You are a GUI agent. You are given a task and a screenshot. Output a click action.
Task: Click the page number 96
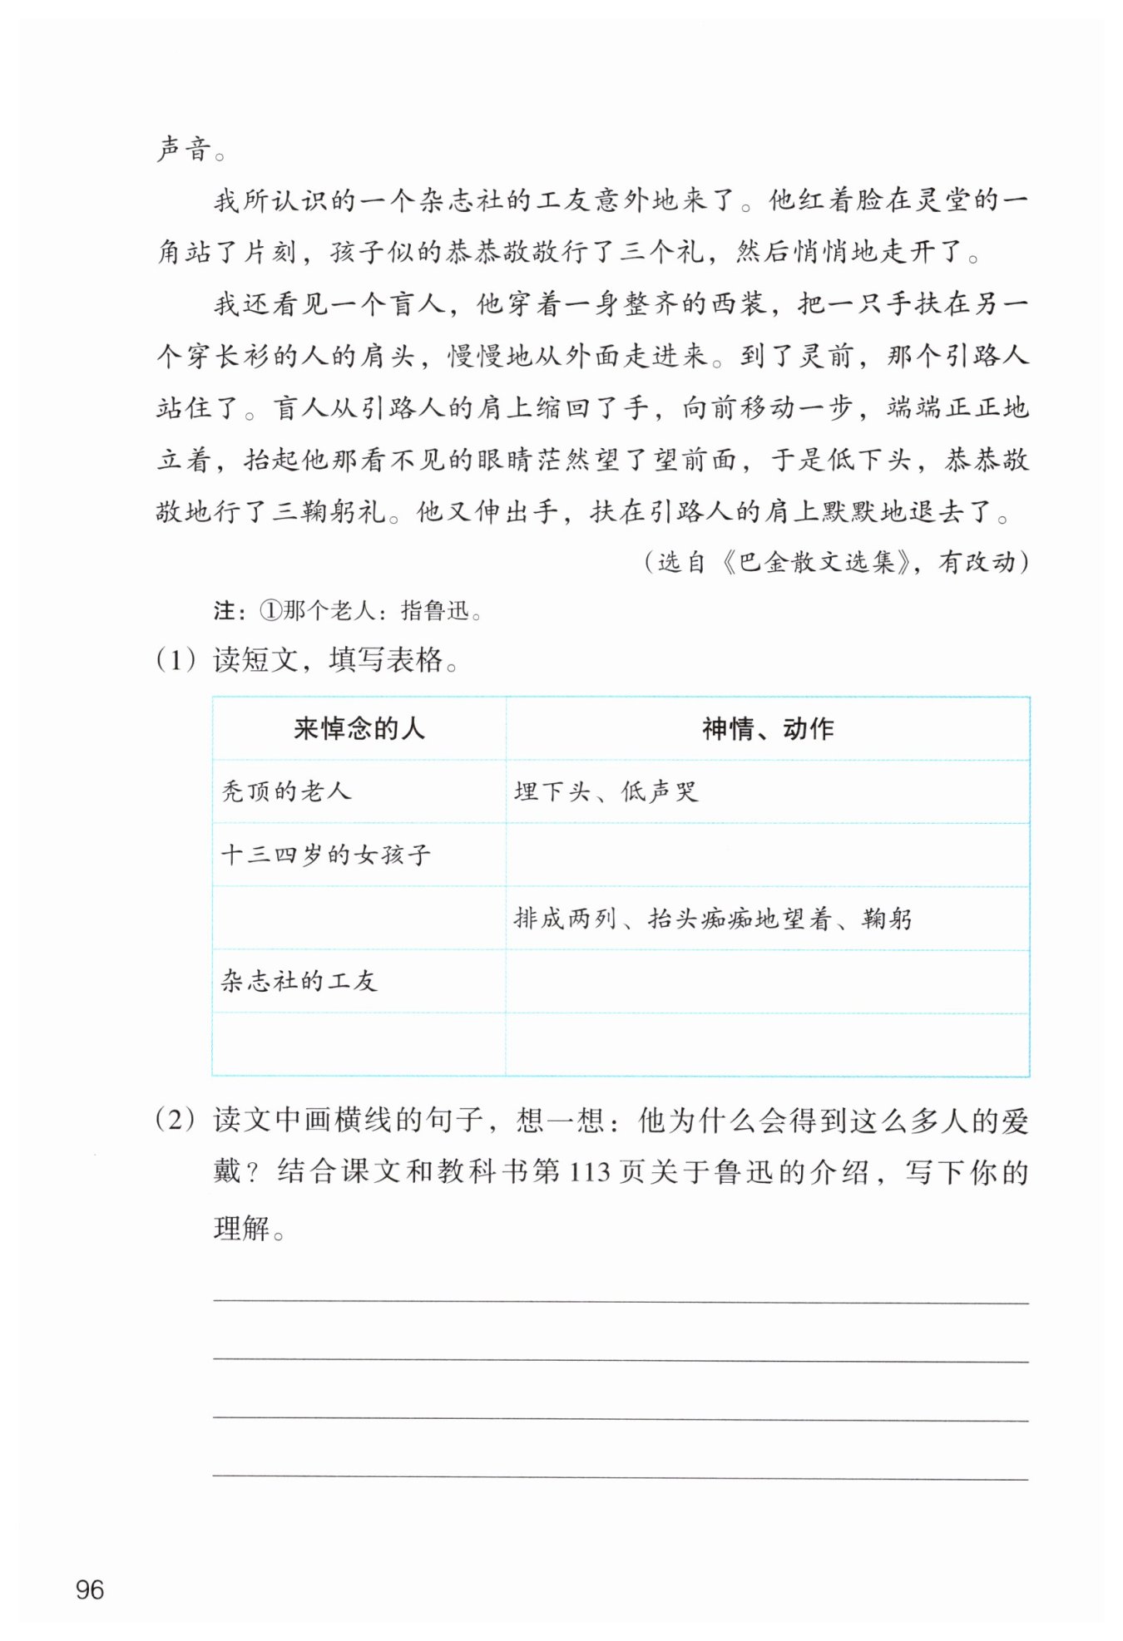coord(90,1589)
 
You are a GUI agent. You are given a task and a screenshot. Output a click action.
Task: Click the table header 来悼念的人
coord(359,729)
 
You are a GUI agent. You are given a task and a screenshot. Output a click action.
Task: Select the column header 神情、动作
coord(767,729)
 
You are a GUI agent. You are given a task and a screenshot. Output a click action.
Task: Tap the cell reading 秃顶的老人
coord(286,791)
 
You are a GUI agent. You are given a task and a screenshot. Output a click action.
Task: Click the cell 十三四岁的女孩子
coord(326,855)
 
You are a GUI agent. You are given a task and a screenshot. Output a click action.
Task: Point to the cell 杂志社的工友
coord(299,981)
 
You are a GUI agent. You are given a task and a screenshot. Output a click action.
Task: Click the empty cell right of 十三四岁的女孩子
coord(767,855)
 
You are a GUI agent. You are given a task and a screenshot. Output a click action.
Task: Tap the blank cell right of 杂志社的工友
coord(767,981)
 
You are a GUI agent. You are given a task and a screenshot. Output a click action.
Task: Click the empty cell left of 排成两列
coord(359,919)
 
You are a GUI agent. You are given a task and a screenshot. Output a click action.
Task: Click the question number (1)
coord(176,660)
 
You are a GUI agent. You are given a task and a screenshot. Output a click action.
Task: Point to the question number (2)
coord(176,1120)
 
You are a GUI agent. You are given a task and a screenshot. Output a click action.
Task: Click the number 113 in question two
coord(590,1173)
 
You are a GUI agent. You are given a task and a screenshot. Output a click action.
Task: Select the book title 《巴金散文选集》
coord(819,563)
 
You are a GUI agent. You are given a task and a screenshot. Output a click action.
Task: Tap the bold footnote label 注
coord(224,611)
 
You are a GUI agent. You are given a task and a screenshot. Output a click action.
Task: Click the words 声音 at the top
coord(185,150)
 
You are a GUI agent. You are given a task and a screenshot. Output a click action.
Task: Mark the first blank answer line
coord(621,1300)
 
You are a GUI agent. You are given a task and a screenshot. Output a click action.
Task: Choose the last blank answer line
coord(621,1477)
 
